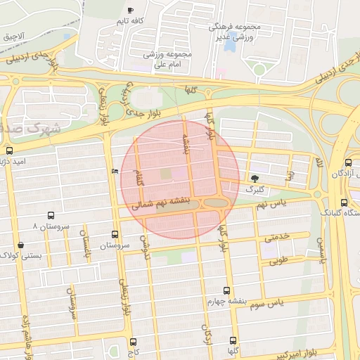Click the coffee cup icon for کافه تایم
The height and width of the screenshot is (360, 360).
click(x=130, y=10)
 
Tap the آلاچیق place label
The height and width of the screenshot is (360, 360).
click(x=13, y=35)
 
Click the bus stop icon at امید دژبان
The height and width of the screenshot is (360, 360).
click(x=9, y=150)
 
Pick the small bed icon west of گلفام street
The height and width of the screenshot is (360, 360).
click(x=115, y=171)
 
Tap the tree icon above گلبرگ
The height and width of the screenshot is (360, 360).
click(x=254, y=179)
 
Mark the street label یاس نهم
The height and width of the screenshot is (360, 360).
click(x=272, y=203)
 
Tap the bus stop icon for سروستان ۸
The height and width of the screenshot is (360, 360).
click(x=51, y=216)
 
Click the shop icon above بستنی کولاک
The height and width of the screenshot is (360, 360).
click(x=20, y=245)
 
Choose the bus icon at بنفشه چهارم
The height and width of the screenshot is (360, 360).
click(x=226, y=290)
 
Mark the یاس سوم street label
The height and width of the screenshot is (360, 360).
click(x=284, y=302)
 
